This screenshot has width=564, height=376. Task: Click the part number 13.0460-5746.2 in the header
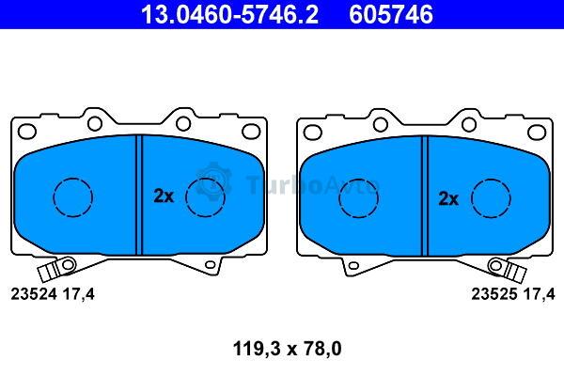[229, 14]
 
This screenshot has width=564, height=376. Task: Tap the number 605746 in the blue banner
[391, 14]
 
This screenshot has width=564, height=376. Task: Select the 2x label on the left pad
[164, 196]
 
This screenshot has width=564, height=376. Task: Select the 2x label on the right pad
[448, 198]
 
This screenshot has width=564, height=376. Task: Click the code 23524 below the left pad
[34, 294]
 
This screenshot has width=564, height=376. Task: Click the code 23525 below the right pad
[494, 294]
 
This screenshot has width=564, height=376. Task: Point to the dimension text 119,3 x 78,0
[287, 349]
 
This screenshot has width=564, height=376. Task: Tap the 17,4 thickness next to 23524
[78, 294]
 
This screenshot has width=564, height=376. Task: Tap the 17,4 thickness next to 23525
[540, 294]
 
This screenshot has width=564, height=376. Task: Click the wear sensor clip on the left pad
[56, 268]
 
